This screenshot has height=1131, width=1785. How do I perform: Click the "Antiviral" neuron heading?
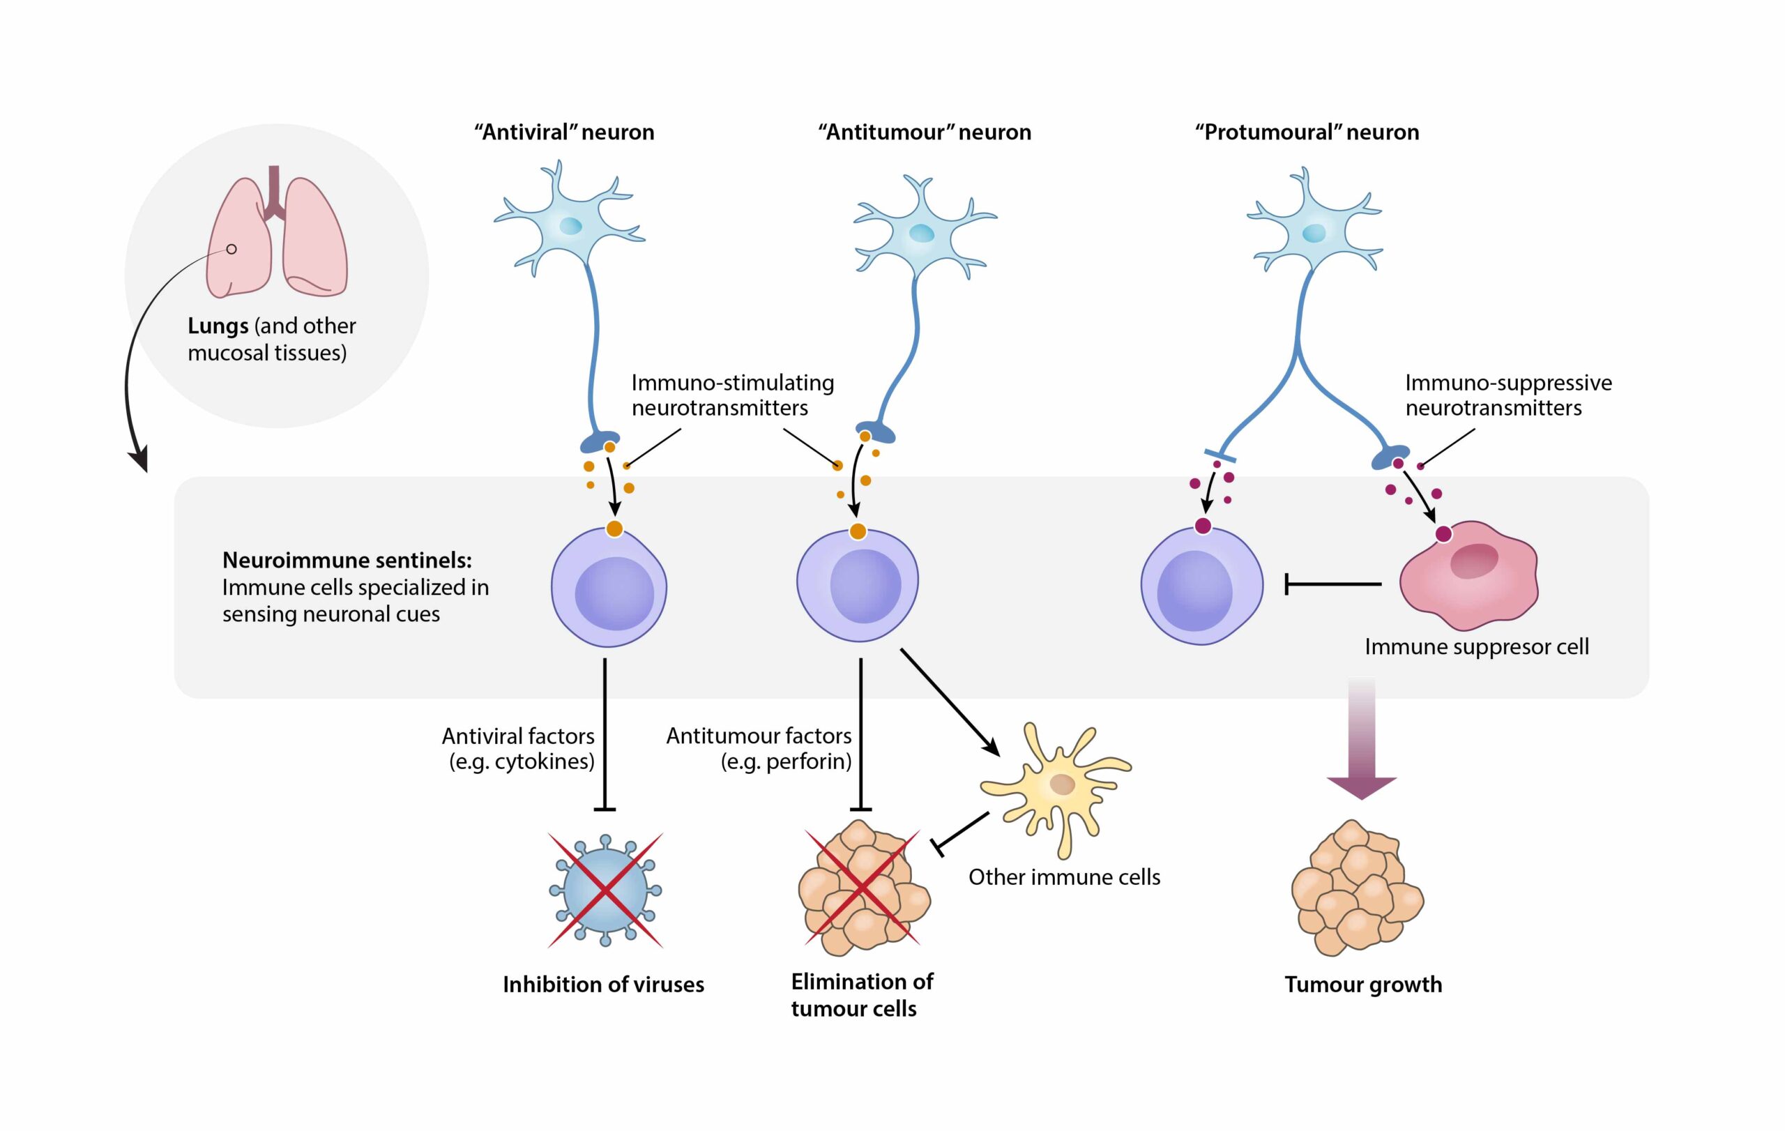[x=564, y=132]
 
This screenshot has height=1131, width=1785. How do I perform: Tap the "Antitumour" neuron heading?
[x=925, y=132]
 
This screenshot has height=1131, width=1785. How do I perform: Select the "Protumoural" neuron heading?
[x=1307, y=132]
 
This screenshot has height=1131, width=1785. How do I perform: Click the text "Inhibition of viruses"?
[x=603, y=985]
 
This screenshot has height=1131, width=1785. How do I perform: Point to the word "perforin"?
[x=809, y=761]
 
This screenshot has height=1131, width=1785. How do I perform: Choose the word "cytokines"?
[x=544, y=761]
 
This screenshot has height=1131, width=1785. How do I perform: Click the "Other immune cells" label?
[x=1064, y=876]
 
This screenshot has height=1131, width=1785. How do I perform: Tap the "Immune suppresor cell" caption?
[x=1476, y=646]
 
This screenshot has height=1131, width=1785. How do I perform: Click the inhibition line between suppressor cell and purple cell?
[x=1332, y=584]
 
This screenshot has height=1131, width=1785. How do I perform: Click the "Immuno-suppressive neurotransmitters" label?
[x=1507, y=395]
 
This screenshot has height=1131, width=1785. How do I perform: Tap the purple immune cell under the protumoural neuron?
[x=1201, y=586]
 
